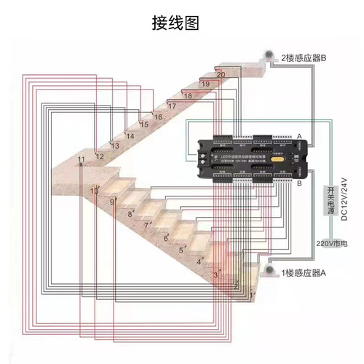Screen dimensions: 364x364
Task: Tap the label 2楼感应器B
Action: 302,57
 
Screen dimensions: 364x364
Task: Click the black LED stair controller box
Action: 255,157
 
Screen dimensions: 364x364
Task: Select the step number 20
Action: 221,74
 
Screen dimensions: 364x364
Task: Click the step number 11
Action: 81,159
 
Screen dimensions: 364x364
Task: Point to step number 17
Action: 172,106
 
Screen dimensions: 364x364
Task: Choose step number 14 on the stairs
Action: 130,135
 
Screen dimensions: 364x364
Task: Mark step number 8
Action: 130,214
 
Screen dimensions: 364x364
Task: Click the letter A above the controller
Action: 299,136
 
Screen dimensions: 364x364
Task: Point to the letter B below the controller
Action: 299,184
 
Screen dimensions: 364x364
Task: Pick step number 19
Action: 205,84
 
